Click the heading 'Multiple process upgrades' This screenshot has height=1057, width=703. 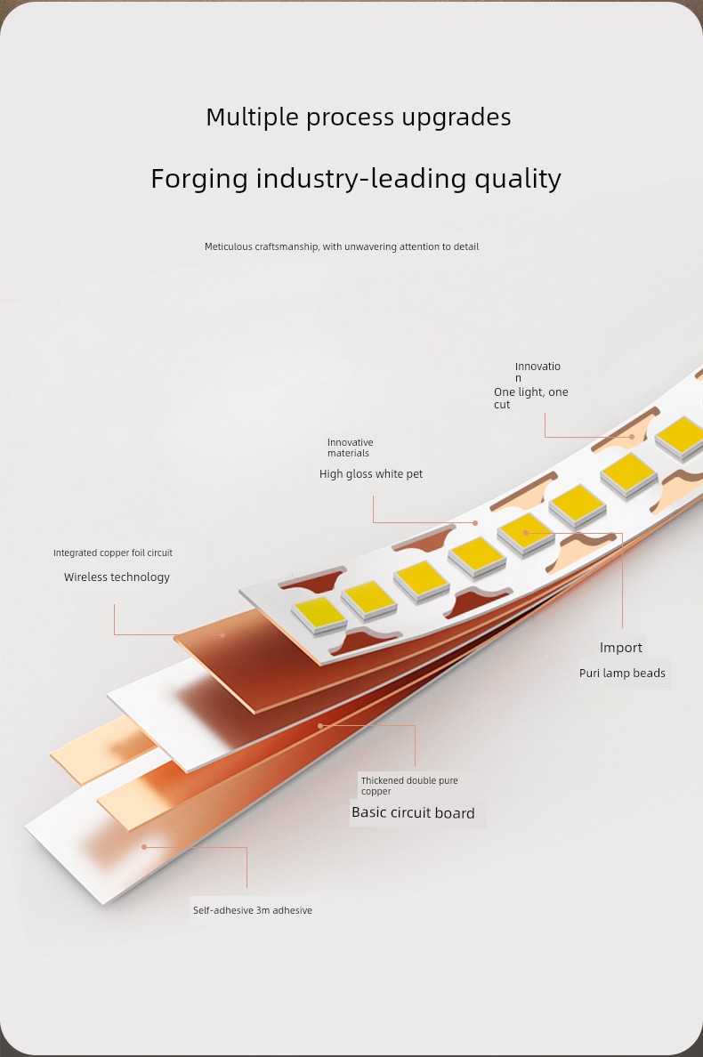(x=358, y=117)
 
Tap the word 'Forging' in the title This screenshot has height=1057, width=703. (x=199, y=180)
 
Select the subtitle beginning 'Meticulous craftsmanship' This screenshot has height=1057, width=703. (x=341, y=246)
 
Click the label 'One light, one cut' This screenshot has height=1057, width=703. (x=530, y=398)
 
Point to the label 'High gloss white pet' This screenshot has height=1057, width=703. (x=371, y=474)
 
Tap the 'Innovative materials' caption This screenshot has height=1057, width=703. (x=350, y=448)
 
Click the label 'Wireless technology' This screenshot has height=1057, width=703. (x=117, y=577)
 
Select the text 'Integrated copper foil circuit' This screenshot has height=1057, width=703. (x=112, y=553)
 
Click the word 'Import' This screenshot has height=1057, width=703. (x=621, y=648)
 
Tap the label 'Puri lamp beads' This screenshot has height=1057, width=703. (x=622, y=673)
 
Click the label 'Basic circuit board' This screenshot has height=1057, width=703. (x=413, y=813)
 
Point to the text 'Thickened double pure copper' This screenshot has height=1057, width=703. (x=409, y=786)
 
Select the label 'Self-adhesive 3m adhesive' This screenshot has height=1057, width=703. (x=252, y=910)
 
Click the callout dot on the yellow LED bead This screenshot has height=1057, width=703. (x=526, y=533)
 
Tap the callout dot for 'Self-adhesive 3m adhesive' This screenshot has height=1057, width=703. (x=144, y=847)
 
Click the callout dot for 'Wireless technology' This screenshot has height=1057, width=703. (x=222, y=634)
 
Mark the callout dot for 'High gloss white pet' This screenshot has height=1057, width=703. (x=475, y=522)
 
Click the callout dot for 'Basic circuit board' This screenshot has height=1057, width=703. (x=320, y=725)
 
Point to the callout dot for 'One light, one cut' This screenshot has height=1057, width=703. (x=632, y=437)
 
